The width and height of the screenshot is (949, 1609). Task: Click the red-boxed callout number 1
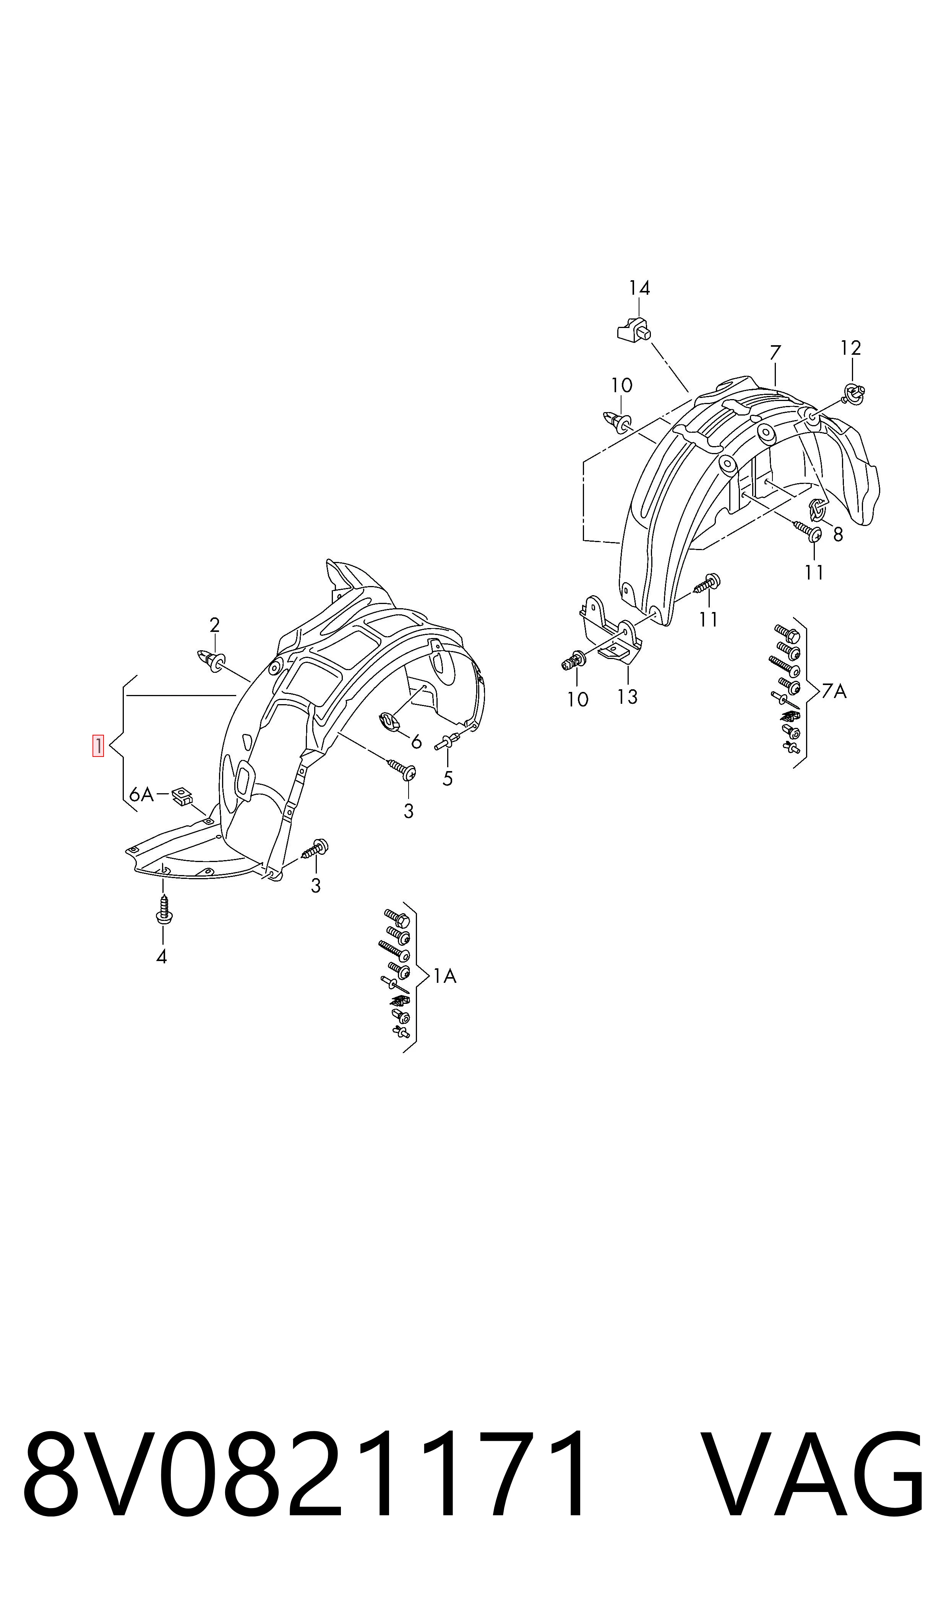click(x=99, y=746)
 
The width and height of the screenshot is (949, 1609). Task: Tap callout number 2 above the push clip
click(x=215, y=624)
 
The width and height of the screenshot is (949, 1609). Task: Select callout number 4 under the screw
click(x=162, y=957)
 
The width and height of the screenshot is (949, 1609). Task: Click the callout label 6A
click(x=141, y=795)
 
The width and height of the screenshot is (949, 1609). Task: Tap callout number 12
click(x=850, y=348)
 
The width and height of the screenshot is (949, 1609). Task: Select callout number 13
click(x=627, y=697)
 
